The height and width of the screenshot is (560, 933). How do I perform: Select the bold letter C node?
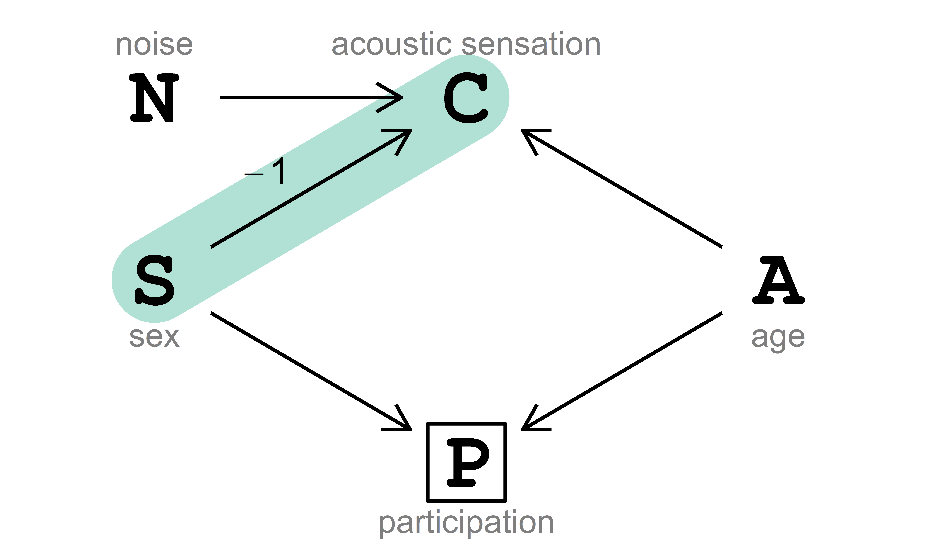466,98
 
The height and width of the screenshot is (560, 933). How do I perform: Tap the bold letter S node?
154,280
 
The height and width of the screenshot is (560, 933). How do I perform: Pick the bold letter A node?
778,280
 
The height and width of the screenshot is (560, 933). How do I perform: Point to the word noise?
154,44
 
